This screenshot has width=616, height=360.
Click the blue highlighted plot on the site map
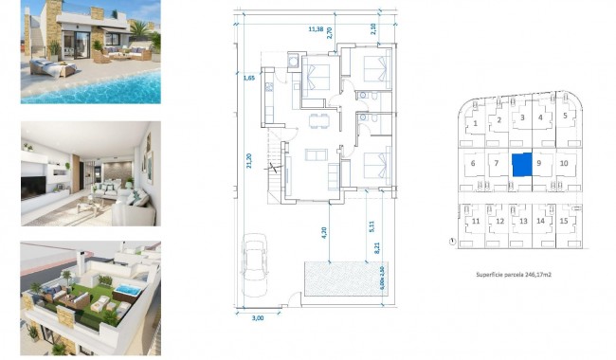(x=521, y=164)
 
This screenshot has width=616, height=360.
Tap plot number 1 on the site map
(x=474, y=122)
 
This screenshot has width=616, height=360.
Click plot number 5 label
(x=565, y=117)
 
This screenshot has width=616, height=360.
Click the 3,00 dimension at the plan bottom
(x=259, y=318)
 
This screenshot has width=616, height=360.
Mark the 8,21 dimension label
(x=377, y=250)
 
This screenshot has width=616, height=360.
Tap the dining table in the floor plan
(x=318, y=119)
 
